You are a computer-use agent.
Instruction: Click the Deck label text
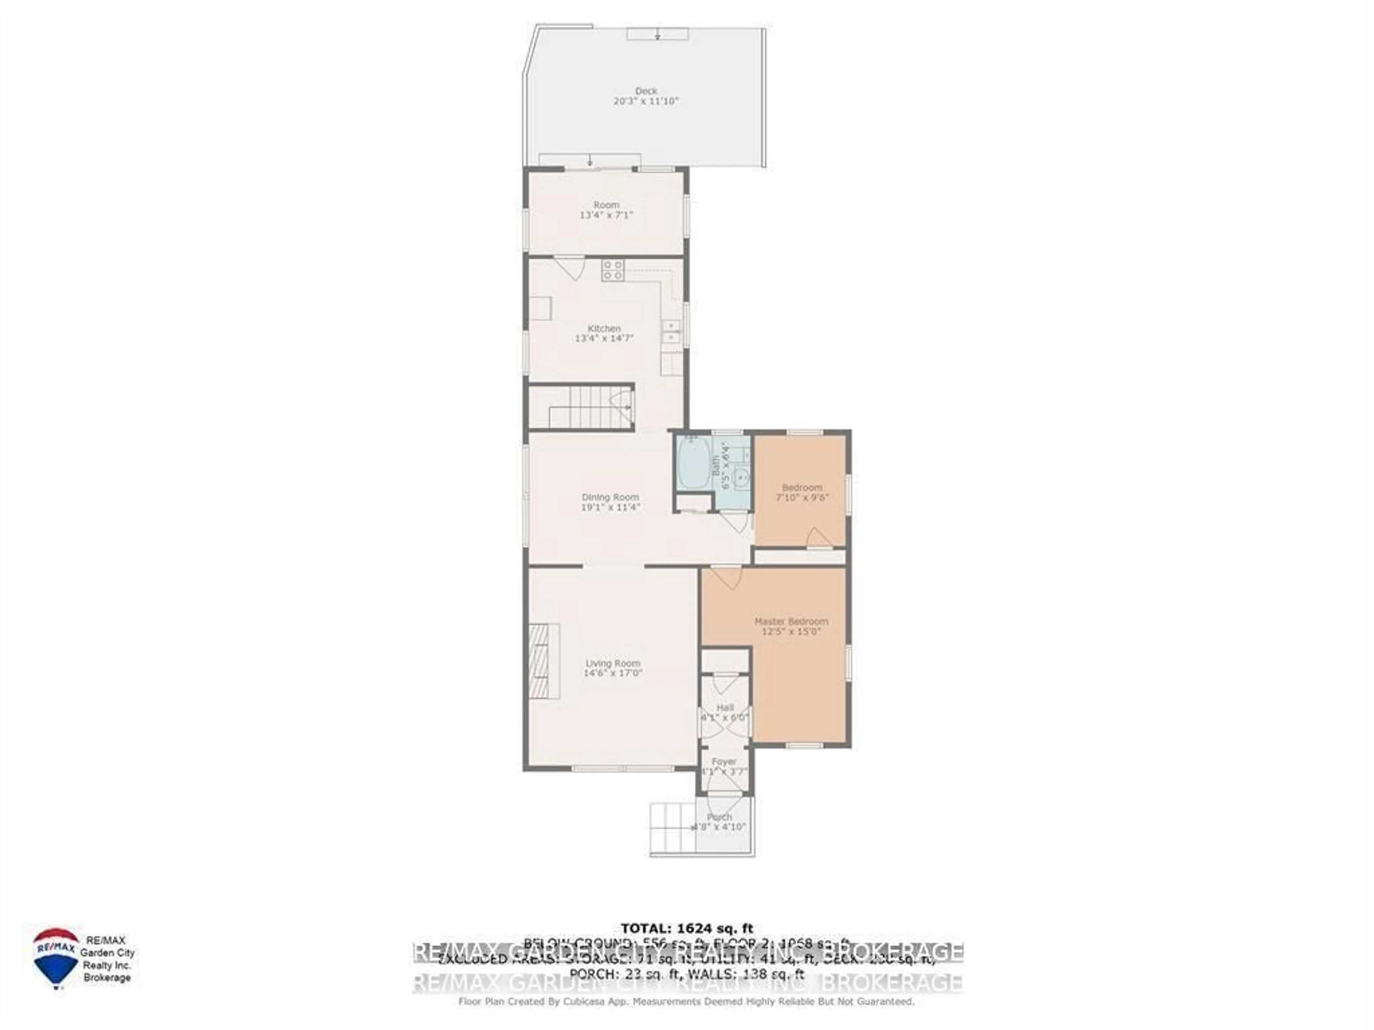(x=646, y=90)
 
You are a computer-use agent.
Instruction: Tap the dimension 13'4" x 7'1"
(x=606, y=215)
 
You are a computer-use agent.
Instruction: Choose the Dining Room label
(x=610, y=497)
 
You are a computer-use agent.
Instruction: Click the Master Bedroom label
(x=791, y=621)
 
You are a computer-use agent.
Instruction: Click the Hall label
(x=725, y=707)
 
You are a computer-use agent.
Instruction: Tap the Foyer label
(x=723, y=761)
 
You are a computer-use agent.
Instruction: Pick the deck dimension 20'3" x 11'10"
(x=646, y=100)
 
